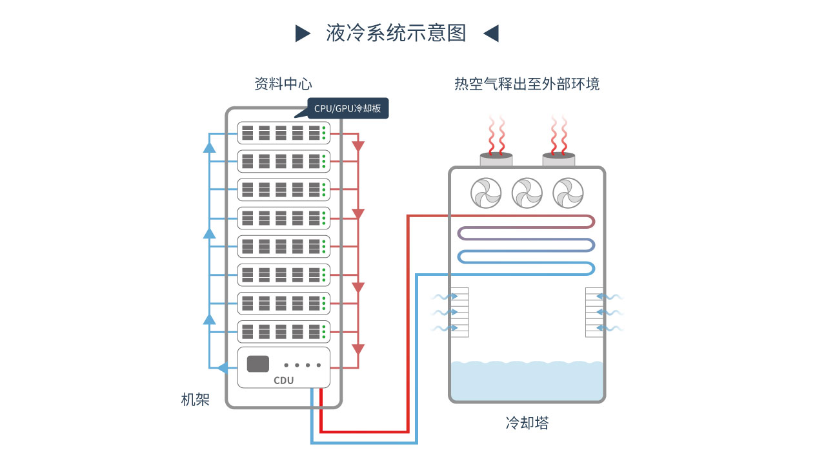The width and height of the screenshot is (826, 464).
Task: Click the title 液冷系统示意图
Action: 396,33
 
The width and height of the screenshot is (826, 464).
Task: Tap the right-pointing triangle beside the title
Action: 303,33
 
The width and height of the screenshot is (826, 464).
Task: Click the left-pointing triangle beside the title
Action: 491,33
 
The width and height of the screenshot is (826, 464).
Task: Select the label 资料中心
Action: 283,84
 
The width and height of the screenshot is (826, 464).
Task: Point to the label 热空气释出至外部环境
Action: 527,84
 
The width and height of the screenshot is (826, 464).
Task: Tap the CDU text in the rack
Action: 283,380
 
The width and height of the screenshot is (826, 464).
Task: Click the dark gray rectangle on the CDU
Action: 258,363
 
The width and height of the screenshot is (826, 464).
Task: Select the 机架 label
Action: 195,400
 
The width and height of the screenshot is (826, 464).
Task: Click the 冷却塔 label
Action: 527,423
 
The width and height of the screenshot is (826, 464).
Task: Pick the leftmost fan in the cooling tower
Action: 486,192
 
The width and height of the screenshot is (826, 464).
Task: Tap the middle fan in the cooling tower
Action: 527,192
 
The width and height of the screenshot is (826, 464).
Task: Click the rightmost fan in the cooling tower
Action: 568,192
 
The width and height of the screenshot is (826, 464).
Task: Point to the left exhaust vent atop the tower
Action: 496,159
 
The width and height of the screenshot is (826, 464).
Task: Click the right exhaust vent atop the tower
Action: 558,159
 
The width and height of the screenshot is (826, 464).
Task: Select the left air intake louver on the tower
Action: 459,313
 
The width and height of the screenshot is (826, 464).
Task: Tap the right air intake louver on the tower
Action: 594,313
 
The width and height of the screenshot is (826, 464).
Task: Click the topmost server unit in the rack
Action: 283,133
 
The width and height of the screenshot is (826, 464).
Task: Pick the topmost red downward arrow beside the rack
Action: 358,146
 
